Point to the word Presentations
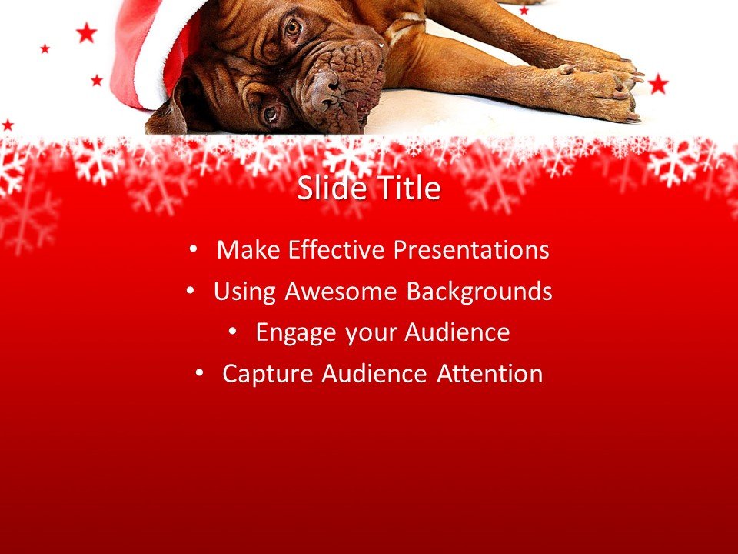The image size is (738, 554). coord(471,250)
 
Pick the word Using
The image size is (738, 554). coord(245,292)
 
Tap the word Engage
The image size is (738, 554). coord(296,333)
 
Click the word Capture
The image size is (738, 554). coord(268,374)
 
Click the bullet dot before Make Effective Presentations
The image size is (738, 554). coord(193,250)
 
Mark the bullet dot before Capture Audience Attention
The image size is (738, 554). coord(199,374)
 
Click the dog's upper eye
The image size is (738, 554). coord(292,28)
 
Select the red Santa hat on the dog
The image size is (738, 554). coord(146,54)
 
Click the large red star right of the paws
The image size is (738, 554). coord(658,84)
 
